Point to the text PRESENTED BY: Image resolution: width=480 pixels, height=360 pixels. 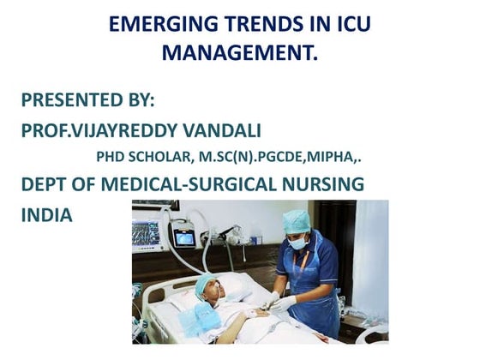(87, 99)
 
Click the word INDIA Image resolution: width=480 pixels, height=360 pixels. (47, 215)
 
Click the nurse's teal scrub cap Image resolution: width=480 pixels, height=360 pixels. (296, 222)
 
